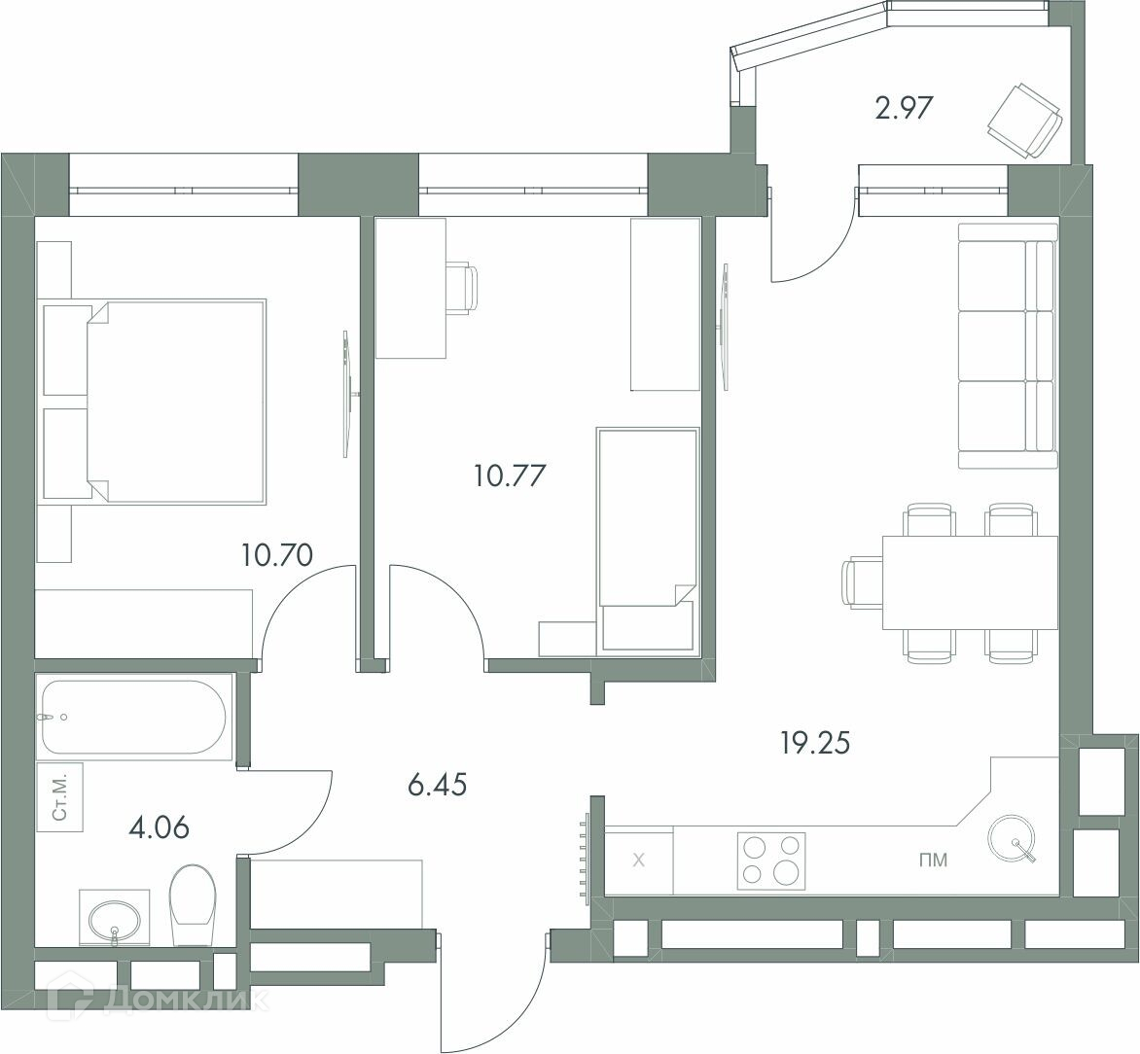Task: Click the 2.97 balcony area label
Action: click(903, 108)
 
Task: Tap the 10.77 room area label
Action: click(510, 476)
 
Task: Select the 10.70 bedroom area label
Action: click(278, 555)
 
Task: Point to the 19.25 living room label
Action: click(815, 743)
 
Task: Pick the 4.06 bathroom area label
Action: click(160, 827)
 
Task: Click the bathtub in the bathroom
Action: click(134, 717)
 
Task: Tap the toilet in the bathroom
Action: click(193, 905)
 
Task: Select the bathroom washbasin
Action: click(114, 918)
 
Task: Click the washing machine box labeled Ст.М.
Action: click(60, 796)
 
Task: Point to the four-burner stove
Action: click(770, 861)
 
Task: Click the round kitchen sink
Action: click(1012, 838)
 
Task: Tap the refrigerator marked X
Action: click(639, 860)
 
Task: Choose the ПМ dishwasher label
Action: click(934, 861)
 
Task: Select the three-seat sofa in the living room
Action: click(1008, 346)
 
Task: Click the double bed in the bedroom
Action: click(174, 401)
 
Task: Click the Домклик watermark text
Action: click(187, 1001)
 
